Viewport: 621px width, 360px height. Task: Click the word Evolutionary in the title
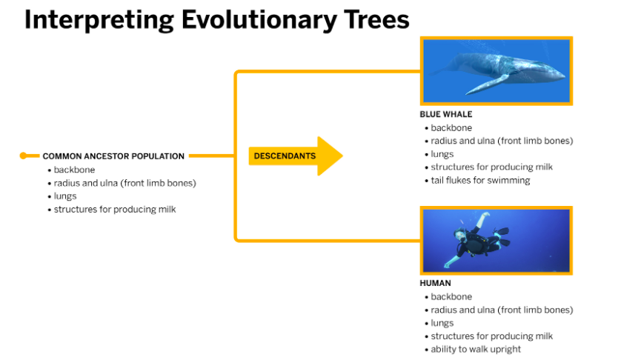pyautogui.click(x=259, y=20)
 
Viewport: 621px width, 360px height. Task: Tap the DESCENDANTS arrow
pyautogui.click(x=296, y=156)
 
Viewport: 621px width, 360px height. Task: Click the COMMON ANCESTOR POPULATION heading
pyautogui.click(x=113, y=156)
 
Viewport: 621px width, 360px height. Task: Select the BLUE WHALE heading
pyautogui.click(x=446, y=114)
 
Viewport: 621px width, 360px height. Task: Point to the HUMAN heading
pyautogui.click(x=435, y=283)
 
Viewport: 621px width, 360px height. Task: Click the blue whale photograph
pyautogui.click(x=497, y=71)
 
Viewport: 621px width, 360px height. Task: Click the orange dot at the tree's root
pyautogui.click(x=24, y=156)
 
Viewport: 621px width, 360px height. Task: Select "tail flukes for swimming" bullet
pyautogui.click(x=480, y=181)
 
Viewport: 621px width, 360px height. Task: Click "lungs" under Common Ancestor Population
pyautogui.click(x=65, y=196)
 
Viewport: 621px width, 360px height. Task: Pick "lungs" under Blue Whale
pyautogui.click(x=442, y=154)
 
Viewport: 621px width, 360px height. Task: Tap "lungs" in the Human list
pyautogui.click(x=442, y=323)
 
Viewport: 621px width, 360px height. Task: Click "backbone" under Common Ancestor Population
pyautogui.click(x=74, y=170)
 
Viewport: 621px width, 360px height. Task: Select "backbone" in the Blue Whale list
pyautogui.click(x=451, y=128)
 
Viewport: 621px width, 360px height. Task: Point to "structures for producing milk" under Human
pyautogui.click(x=491, y=336)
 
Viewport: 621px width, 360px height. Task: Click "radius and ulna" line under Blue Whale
pyautogui.click(x=502, y=141)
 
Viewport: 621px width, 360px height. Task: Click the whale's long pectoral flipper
pyautogui.click(x=487, y=84)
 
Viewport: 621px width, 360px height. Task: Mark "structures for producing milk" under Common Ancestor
pyautogui.click(x=114, y=210)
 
